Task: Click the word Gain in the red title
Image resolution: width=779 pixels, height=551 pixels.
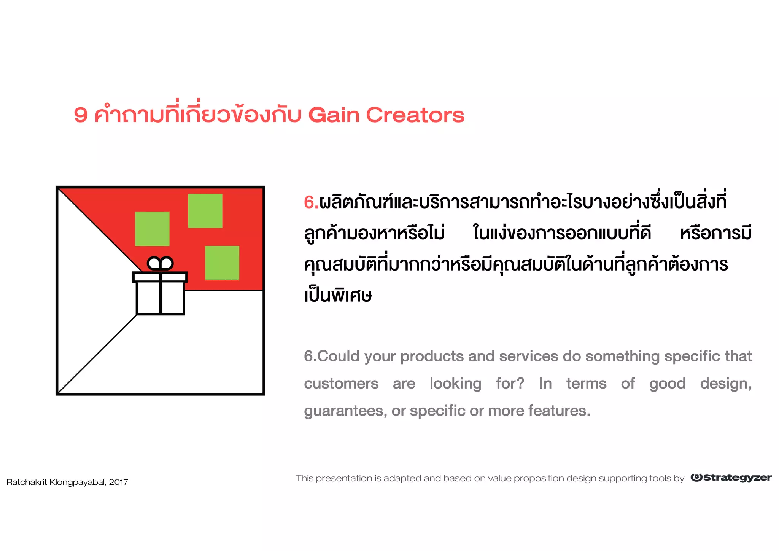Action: point(334,115)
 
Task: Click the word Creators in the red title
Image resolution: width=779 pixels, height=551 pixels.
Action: point(415,115)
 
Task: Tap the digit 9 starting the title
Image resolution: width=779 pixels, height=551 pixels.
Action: point(81,115)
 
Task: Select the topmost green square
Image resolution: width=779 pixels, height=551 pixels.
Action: point(205,211)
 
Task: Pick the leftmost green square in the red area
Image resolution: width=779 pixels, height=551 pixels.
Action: point(152,229)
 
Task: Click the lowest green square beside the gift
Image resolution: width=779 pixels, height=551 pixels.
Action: point(222,263)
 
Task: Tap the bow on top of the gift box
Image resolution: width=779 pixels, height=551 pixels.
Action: point(160,263)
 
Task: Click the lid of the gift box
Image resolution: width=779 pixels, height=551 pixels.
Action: point(160,277)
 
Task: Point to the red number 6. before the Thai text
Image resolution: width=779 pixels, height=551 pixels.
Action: point(311,202)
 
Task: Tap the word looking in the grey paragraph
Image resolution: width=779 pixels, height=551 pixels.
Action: point(455,384)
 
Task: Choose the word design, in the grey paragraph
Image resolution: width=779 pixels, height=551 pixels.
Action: point(725,384)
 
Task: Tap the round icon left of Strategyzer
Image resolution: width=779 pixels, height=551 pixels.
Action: point(696,478)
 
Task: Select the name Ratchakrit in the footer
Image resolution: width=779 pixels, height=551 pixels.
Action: point(27,482)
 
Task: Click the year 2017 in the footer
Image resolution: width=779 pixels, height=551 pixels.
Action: point(118,482)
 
